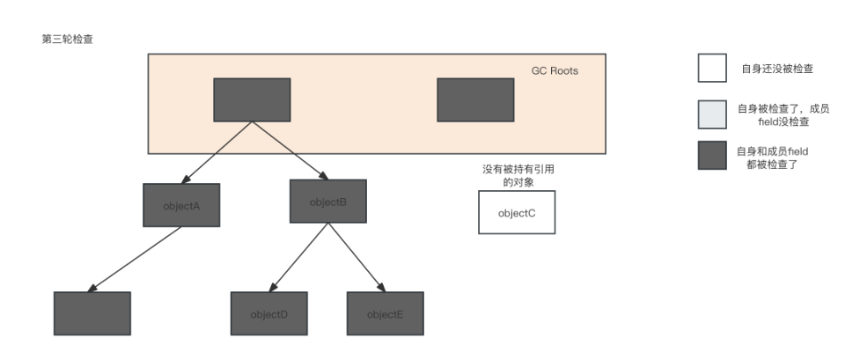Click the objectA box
181,204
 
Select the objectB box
327,201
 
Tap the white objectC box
517,213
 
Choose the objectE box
385,313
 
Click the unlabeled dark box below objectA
92,313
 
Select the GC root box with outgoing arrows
253,99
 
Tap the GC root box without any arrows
475,99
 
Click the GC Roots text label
555,70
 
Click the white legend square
712,67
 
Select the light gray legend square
712,114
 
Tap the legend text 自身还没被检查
776,68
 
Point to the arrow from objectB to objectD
299,256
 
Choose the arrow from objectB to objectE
357,256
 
